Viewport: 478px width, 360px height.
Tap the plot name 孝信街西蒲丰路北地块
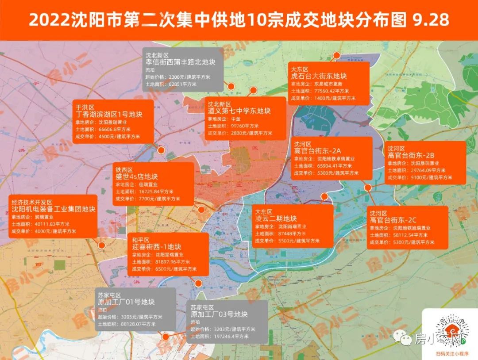[180, 62]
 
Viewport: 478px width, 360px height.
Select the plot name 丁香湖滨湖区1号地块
[109, 115]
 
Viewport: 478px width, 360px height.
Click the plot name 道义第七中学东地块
[239, 111]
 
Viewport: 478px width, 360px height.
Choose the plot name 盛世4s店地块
[137, 176]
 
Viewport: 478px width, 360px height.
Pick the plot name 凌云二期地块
[275, 218]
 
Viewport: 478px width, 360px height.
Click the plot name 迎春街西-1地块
[157, 247]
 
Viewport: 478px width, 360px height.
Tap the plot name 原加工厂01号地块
[126, 303]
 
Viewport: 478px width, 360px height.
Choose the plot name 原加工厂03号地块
[219, 314]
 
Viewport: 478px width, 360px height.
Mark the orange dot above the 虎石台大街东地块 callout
[336, 55]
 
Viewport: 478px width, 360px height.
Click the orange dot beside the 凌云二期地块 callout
[324, 196]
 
